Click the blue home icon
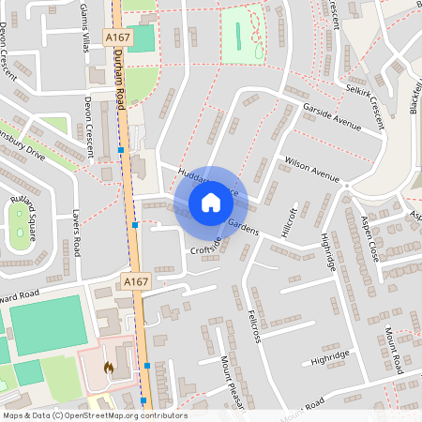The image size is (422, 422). [x=211, y=203]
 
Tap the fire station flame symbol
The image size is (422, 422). [x=109, y=369]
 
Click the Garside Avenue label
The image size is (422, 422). [x=332, y=117]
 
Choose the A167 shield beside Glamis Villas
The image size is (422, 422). [x=117, y=37]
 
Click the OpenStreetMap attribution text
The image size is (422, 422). [x=94, y=415]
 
